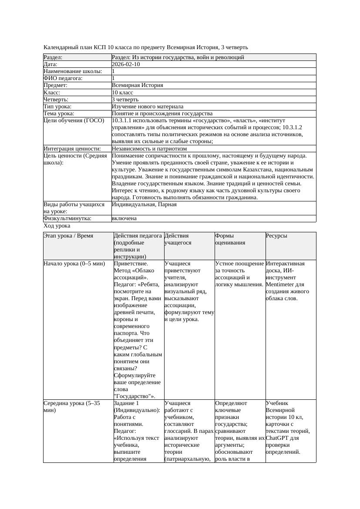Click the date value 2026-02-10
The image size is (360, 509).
[126, 64]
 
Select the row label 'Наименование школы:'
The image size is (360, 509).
[73, 71]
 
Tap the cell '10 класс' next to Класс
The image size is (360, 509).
[122, 93]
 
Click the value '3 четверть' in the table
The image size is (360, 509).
[125, 100]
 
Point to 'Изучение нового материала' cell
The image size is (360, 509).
[148, 107]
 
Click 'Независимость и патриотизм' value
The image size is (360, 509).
[149, 149]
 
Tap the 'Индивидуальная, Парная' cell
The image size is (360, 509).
[144, 204]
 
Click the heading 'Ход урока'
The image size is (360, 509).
[57, 226]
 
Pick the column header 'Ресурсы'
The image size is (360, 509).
[276, 236]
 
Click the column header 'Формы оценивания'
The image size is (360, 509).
[231, 239]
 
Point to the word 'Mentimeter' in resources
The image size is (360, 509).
[282, 285]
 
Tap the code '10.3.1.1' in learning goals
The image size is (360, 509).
[122, 121]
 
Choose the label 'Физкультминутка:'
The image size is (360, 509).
[67, 219]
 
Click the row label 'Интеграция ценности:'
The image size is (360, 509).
[72, 149]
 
